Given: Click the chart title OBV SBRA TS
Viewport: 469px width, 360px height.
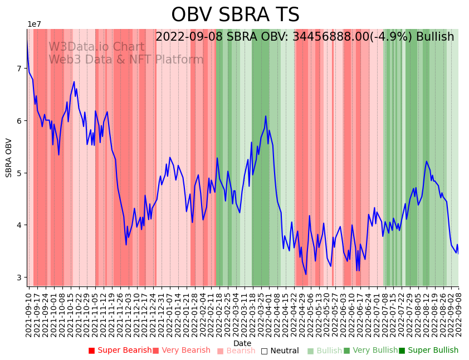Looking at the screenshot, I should pyautogui.click(x=235, y=15).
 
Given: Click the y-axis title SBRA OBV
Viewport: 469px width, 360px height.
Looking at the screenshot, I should pyautogui.click(x=9, y=158).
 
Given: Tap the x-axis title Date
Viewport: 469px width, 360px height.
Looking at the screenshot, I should pyautogui.click(x=242, y=343).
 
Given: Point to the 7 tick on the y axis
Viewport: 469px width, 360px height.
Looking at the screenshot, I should pyautogui.click(x=22, y=69).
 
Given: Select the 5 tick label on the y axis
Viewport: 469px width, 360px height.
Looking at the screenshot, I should pyautogui.click(x=22, y=173).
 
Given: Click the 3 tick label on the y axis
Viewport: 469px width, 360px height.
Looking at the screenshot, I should pyautogui.click(x=22, y=278).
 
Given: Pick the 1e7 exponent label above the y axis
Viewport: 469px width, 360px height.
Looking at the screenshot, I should pyautogui.click(x=34, y=25).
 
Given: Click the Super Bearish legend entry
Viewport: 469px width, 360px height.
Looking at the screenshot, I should pyautogui.click(x=120, y=351).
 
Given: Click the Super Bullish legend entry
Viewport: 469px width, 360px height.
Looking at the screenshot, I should pyautogui.click(x=428, y=351).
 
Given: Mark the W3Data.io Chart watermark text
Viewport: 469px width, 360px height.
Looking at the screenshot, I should pyautogui.click(x=96, y=47).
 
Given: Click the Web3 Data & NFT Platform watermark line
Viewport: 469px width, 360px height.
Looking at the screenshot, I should pyautogui.click(x=126, y=60).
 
